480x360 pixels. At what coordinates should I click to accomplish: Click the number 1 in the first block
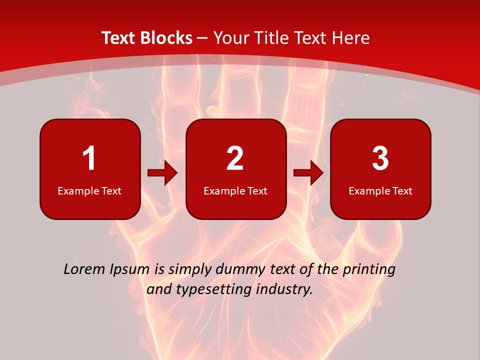[x=89, y=158]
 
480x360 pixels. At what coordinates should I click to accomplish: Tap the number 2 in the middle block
[x=235, y=158]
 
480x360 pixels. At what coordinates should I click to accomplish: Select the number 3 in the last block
[x=380, y=158]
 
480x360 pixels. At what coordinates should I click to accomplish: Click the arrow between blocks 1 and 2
[x=162, y=173]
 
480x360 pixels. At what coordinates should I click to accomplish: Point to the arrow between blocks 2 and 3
[x=308, y=173]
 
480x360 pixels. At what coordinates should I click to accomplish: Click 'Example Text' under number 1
[x=89, y=191]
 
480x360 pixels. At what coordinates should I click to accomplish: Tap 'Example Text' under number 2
[x=235, y=191]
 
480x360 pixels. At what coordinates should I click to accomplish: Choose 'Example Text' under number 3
[x=380, y=191]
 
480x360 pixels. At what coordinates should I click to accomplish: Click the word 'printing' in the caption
[x=368, y=270]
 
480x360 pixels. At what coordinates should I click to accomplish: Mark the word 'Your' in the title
[x=229, y=38]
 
